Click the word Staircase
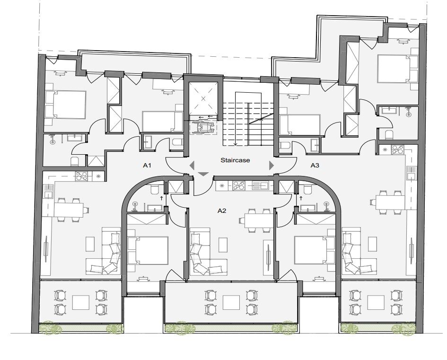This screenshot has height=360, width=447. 235,160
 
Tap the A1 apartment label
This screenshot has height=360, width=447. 147,166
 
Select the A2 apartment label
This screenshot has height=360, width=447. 222,210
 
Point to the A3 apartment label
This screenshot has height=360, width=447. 315,166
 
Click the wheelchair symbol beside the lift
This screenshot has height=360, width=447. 202,127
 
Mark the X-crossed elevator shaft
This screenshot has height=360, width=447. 203,98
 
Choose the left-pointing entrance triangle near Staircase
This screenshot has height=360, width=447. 192,165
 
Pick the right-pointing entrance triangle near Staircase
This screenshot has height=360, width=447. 272,165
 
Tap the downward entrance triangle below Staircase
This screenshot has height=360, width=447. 203,175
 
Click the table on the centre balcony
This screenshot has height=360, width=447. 231,302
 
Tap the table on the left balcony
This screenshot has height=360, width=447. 80,302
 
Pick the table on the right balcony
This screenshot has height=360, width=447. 376,302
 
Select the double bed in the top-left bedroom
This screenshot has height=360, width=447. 66,104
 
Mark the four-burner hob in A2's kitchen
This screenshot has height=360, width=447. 239,186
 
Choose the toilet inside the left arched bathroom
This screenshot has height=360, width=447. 155,190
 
